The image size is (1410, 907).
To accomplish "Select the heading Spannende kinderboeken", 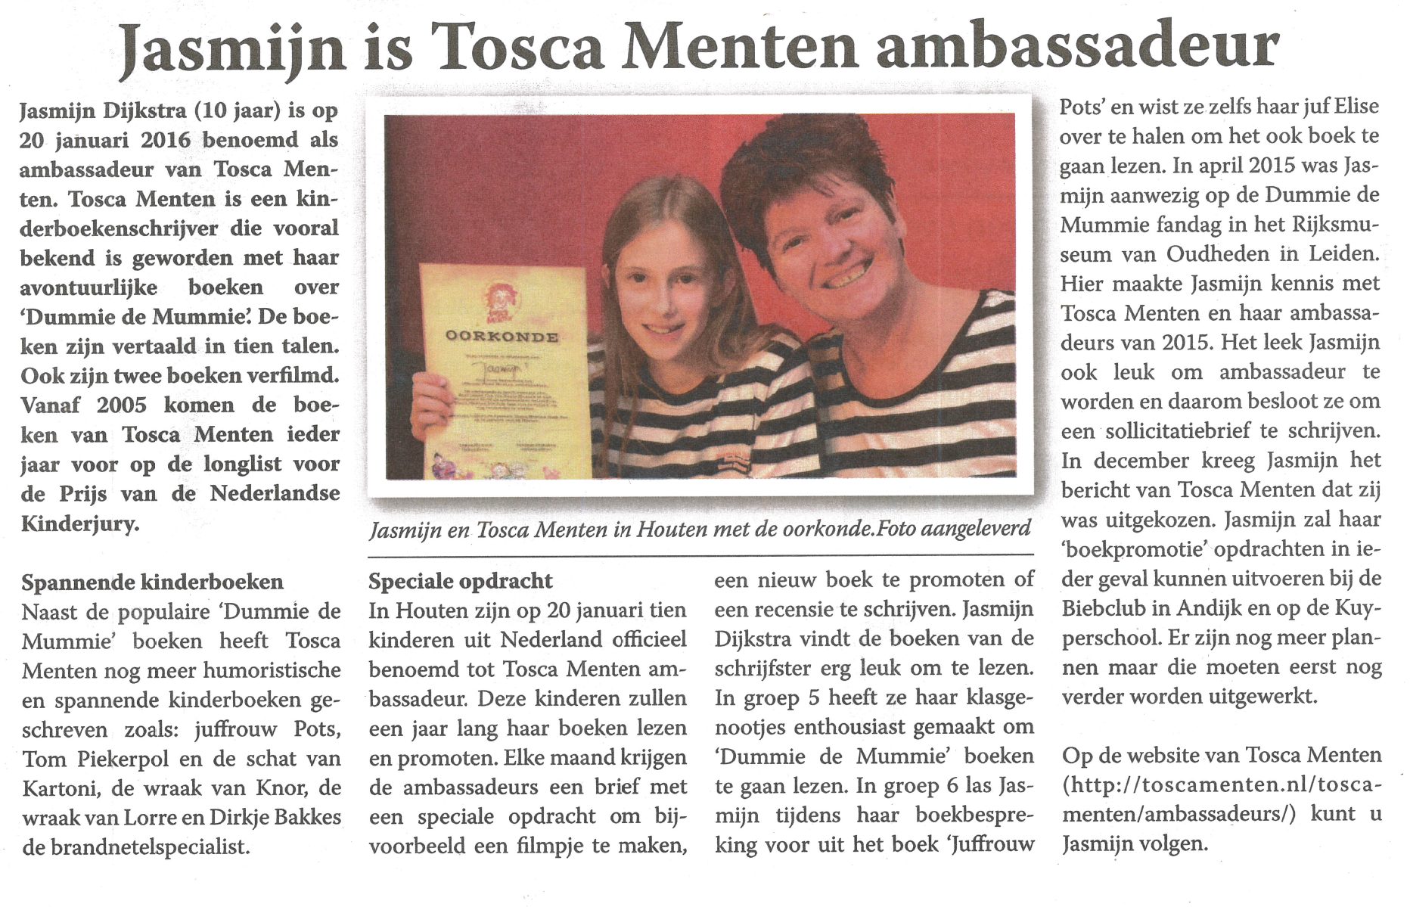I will click(152, 582).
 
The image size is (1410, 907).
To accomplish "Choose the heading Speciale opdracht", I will click(460, 581).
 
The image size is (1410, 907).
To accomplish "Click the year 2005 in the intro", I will click(121, 405).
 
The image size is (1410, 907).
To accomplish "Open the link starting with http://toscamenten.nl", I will click(1222, 784).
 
